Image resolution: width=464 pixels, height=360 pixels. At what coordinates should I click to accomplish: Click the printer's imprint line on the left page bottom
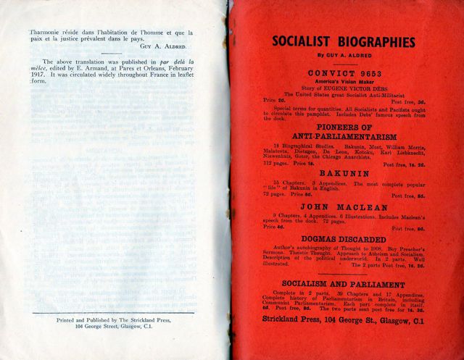pos(116,322)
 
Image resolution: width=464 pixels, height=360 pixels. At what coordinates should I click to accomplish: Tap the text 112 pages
pos(274,164)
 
